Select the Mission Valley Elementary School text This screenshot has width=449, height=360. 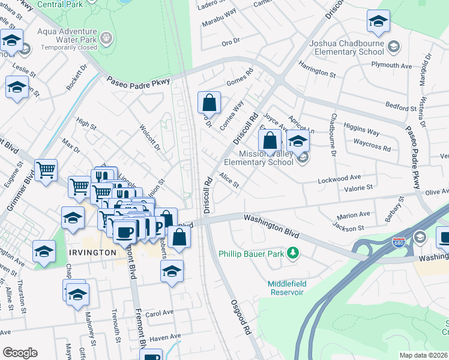click(259, 158)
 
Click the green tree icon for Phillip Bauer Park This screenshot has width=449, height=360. click(293, 253)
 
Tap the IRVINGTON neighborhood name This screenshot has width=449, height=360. click(92, 253)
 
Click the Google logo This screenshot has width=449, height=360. click(20, 353)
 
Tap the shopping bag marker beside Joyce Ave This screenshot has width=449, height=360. click(270, 141)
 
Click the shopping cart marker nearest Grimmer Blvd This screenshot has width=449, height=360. click(46, 171)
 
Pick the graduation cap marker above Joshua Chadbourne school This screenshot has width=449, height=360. click(378, 22)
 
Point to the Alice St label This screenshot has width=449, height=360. click(229, 180)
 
